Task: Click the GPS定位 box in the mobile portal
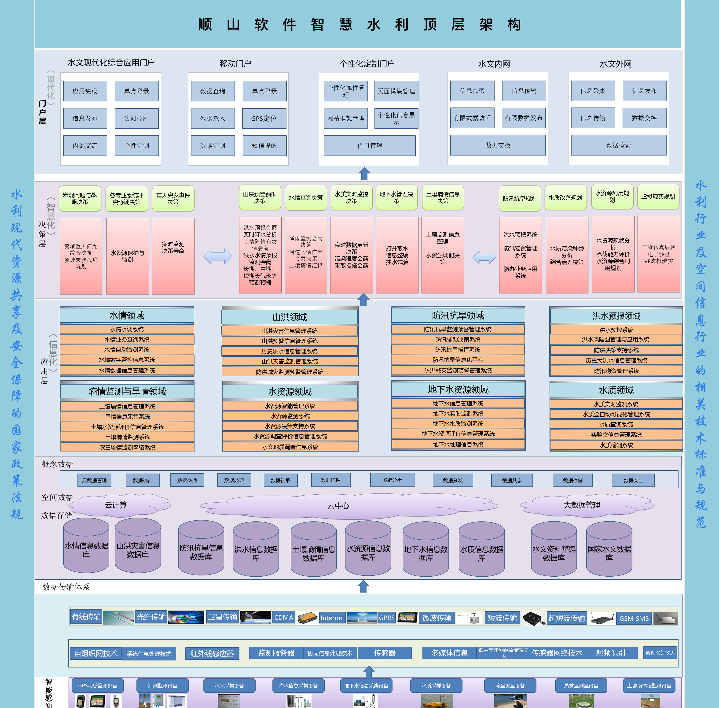264,119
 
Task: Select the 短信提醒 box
264,145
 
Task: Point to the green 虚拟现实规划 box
658,197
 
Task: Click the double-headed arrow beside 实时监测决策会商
218,256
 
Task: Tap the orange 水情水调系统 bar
127,329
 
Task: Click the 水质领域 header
616,390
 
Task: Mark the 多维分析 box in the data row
392,480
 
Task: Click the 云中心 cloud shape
338,506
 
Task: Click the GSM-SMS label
634,618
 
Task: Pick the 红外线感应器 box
212,653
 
